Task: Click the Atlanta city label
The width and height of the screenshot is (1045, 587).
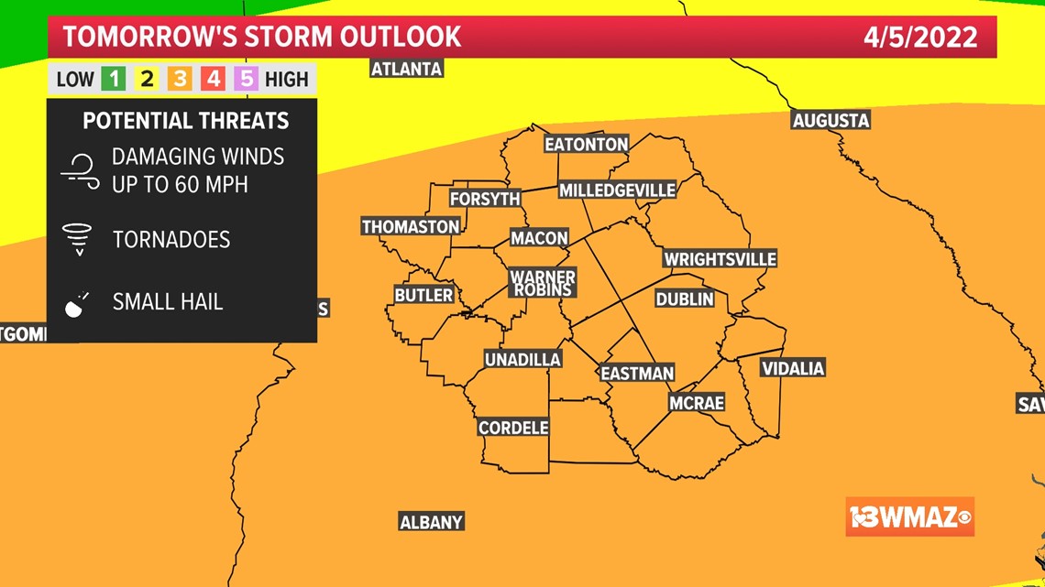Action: click(x=406, y=69)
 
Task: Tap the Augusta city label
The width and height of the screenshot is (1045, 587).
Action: click(x=830, y=121)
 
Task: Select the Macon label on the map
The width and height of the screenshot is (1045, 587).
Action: click(x=539, y=238)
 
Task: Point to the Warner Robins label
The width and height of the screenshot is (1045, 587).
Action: click(x=543, y=283)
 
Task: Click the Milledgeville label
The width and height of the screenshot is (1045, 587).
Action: click(x=617, y=190)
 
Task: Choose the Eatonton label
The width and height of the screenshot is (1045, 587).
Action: click(x=586, y=145)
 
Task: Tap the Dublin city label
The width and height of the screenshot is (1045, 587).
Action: click(x=684, y=299)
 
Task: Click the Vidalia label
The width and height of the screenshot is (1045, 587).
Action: click(x=793, y=368)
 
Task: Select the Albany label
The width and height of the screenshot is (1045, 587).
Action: click(x=431, y=522)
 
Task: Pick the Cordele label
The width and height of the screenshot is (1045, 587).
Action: click(x=513, y=428)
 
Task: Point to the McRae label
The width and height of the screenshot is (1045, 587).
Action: click(x=697, y=403)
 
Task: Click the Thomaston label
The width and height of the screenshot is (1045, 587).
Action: click(x=411, y=226)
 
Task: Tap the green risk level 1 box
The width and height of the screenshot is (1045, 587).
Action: click(x=114, y=79)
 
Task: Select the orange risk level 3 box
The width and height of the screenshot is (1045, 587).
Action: click(x=180, y=79)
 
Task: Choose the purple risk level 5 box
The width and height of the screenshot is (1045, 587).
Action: click(x=246, y=79)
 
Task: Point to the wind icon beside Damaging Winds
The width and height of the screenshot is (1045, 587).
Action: click(x=80, y=171)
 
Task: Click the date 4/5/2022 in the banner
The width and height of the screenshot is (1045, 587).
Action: click(x=920, y=38)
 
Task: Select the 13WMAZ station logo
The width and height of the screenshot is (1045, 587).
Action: click(x=909, y=517)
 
